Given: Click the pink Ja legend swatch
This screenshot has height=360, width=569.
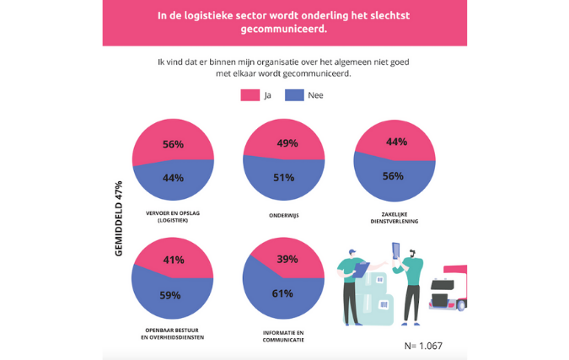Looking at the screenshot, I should pyautogui.click(x=250, y=95).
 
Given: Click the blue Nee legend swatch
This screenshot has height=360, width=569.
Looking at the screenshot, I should pyautogui.click(x=294, y=95).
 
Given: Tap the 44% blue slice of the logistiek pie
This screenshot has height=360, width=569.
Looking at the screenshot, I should pyautogui.click(x=173, y=178).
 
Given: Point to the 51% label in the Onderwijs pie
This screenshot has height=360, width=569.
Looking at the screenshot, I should pyautogui.click(x=283, y=178).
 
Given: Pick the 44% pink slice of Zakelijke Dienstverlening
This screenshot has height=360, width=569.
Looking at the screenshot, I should pyautogui.click(x=394, y=142).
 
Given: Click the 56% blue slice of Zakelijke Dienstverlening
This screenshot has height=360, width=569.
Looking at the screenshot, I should pyautogui.click(x=394, y=176).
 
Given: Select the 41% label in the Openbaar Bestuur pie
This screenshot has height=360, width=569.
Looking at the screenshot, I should pyautogui.click(x=173, y=260).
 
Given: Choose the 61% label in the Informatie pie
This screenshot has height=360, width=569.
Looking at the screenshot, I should pyautogui.click(x=283, y=293).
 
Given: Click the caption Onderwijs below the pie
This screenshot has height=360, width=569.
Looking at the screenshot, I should pyautogui.click(x=283, y=216).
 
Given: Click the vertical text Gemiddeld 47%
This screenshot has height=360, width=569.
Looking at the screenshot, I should pyautogui.click(x=119, y=218).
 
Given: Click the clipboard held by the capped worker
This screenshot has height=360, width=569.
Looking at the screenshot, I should pyautogui.click(x=361, y=270).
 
